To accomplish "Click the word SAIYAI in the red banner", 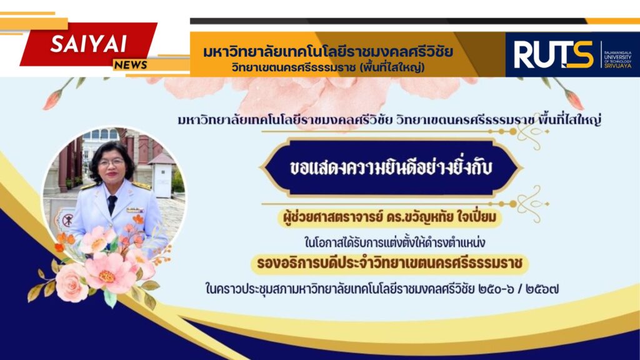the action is coord(88,44).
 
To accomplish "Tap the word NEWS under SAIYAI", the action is coord(131,65).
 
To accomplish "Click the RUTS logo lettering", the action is coord(554,55).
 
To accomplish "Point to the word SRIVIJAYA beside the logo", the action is coord(618,66).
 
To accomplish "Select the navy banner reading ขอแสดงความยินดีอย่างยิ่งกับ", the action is coord(391,167).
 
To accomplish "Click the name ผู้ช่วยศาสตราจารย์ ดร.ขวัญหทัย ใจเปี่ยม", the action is coord(389,217).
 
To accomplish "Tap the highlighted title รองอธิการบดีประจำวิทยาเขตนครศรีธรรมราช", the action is coord(390,263).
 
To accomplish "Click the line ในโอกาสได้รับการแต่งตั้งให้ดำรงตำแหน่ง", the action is coord(394,242).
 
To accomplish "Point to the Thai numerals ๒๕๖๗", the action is coord(542,289).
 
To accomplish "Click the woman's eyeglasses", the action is coord(111,162).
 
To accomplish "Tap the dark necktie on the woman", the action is coord(111,204).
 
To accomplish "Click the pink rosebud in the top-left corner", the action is coord(52,100).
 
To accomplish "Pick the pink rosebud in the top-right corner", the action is coord(574,99).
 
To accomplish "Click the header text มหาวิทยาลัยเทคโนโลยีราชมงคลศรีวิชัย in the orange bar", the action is coord(327,52).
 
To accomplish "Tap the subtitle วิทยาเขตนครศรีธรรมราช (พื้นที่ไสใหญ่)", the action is coord(327,67).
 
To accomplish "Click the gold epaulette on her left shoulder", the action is coord(142,186).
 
